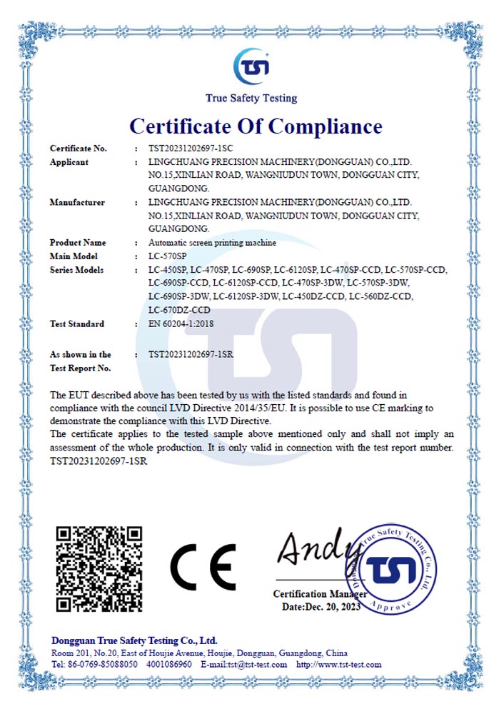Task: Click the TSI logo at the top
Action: (x=251, y=66)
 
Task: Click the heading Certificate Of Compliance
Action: (x=256, y=126)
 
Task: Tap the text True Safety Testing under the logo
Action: (x=251, y=99)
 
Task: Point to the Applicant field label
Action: (x=69, y=162)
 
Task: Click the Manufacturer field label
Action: (x=77, y=202)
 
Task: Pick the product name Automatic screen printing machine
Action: (x=212, y=243)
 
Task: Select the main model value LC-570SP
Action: (x=168, y=256)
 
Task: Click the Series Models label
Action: (x=76, y=270)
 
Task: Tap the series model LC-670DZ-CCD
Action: (x=179, y=310)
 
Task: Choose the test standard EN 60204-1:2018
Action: (x=181, y=323)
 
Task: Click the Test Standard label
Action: (x=76, y=323)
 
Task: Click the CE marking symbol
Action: (x=203, y=567)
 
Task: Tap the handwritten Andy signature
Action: (x=314, y=548)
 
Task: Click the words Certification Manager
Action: (x=320, y=594)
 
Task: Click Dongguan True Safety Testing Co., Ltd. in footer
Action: (x=134, y=640)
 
